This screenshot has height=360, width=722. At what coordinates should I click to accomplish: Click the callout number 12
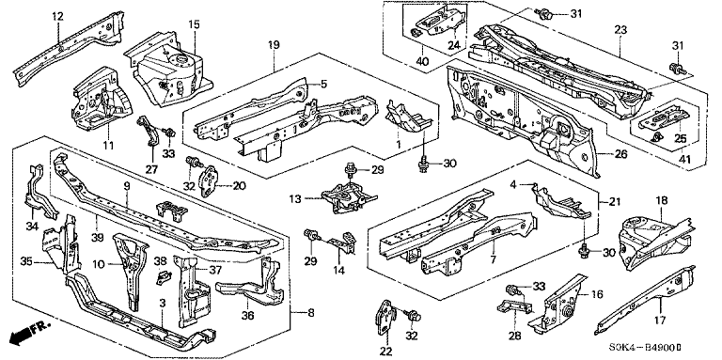tap(57, 17)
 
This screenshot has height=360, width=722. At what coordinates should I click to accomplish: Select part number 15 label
tap(195, 23)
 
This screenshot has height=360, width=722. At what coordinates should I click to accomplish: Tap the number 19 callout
tap(274, 45)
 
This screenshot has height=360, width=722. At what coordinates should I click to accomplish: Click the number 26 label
tap(620, 154)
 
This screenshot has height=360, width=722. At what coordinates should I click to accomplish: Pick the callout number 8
tap(311, 313)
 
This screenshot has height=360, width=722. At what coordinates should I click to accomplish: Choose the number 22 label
tap(385, 352)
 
